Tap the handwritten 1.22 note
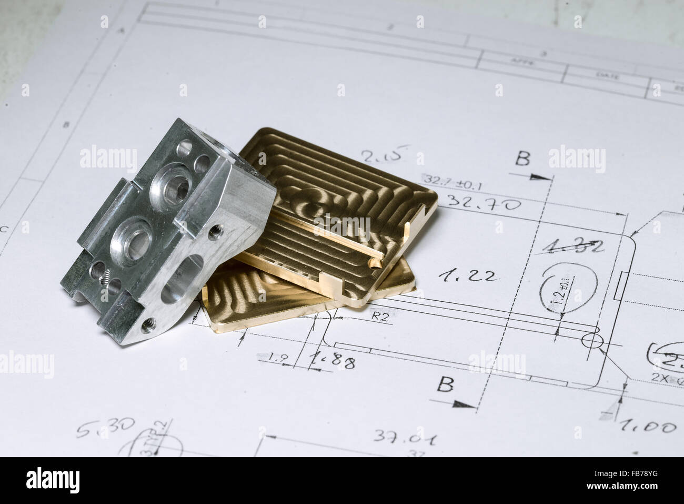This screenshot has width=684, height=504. click(468, 274)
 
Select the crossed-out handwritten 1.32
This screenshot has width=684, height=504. click(572, 246)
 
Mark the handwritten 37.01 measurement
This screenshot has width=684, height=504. click(405, 437)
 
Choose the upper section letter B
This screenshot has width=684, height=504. click(522, 157)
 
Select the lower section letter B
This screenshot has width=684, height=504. click(445, 385)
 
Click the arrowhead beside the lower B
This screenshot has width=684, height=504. click(464, 404)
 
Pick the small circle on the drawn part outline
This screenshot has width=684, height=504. click(590, 341)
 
